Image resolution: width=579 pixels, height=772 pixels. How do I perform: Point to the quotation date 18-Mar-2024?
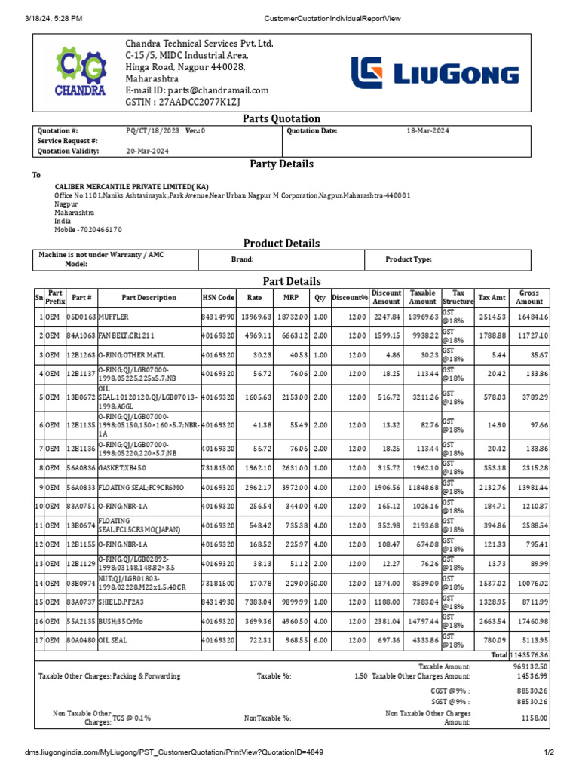click(x=427, y=131)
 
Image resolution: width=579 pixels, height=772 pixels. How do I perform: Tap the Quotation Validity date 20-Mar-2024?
click(x=147, y=152)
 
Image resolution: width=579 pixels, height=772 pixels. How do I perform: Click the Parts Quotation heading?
click(x=281, y=118)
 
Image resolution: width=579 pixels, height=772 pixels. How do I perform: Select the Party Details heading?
click(x=281, y=164)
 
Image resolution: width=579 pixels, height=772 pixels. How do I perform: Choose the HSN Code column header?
click(x=219, y=298)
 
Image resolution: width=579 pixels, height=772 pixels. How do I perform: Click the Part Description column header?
click(x=149, y=298)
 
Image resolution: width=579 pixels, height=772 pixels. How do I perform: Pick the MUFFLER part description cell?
click(x=115, y=317)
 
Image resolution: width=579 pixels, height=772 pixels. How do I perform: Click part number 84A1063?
click(x=81, y=335)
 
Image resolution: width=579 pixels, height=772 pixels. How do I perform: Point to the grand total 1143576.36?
click(x=531, y=655)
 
